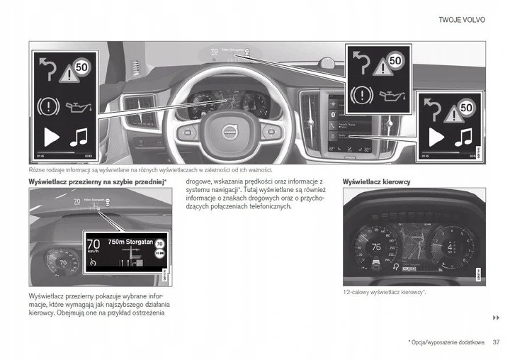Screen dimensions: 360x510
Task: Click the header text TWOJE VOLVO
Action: (x=463, y=21)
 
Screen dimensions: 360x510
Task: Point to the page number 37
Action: (x=496, y=342)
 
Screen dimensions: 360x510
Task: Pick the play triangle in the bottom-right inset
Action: (x=437, y=137)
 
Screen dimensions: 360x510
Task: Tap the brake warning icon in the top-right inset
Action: (x=362, y=93)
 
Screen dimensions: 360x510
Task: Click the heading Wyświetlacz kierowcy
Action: (x=376, y=182)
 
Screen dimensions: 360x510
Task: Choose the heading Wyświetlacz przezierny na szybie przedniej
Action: (x=97, y=182)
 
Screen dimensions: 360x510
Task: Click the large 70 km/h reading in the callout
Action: (x=93, y=246)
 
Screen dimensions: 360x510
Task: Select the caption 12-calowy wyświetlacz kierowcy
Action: (x=384, y=292)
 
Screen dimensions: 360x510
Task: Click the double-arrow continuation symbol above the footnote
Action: (x=496, y=317)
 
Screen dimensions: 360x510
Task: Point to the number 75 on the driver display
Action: (x=377, y=247)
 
